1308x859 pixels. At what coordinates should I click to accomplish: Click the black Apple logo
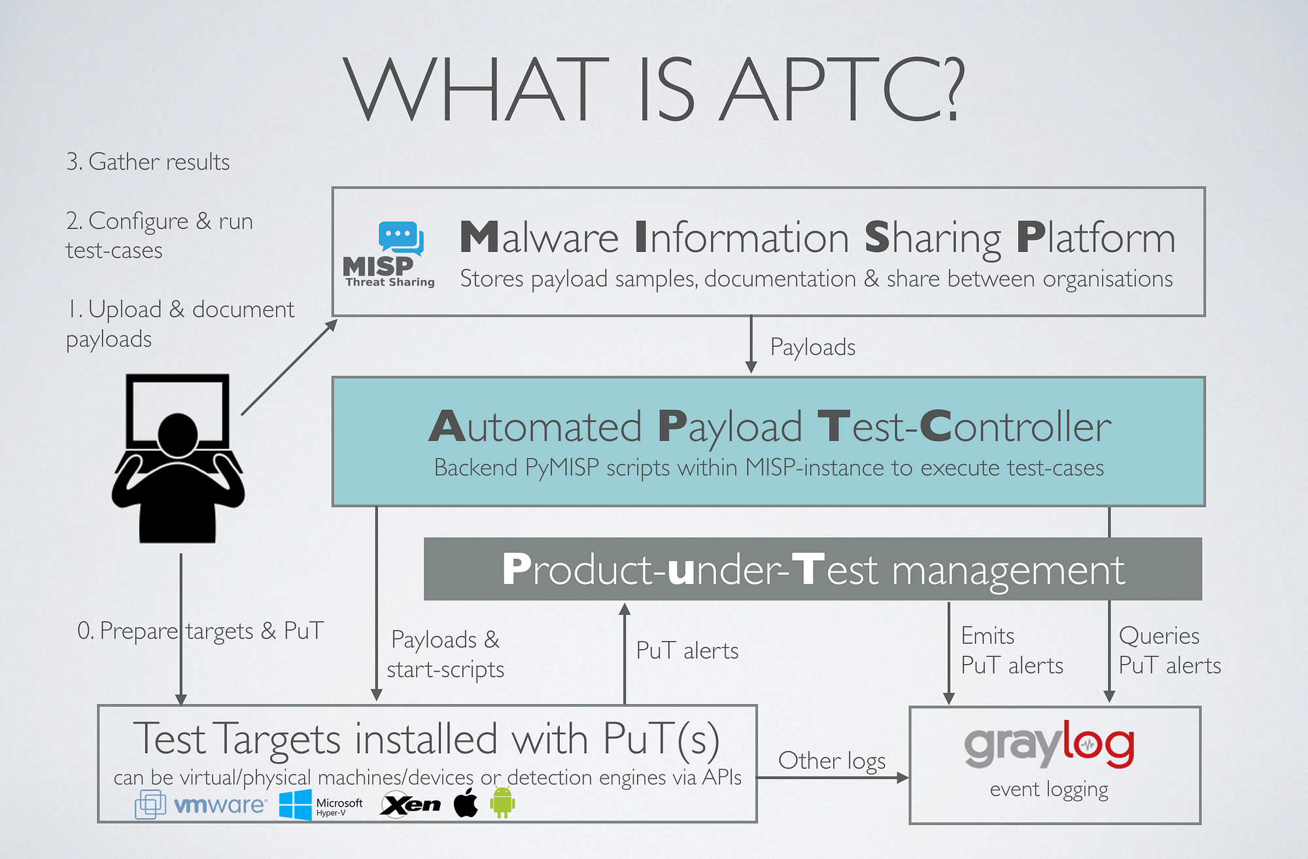[466, 803]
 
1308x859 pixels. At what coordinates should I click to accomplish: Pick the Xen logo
[411, 804]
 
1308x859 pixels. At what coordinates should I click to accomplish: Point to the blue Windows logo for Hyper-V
[296, 804]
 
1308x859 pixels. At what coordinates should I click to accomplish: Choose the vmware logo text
[220, 804]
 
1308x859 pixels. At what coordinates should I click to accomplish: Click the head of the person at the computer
[177, 434]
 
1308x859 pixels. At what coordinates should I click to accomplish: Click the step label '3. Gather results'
[148, 162]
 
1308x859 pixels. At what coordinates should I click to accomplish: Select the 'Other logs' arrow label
[832, 760]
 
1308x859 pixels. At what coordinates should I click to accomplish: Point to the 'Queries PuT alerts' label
[1169, 650]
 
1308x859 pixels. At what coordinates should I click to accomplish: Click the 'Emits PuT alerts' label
[1012, 650]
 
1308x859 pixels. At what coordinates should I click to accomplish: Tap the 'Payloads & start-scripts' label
[445, 654]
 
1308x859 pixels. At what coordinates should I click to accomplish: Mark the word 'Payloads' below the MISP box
[813, 347]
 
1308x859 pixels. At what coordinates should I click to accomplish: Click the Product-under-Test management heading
[813, 569]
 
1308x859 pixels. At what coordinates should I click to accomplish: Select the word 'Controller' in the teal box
[1016, 427]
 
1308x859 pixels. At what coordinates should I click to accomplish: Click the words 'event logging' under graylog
[1049, 790]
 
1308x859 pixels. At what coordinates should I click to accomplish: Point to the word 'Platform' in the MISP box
[1096, 237]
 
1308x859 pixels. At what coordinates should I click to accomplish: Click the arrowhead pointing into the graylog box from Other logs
[903, 777]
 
